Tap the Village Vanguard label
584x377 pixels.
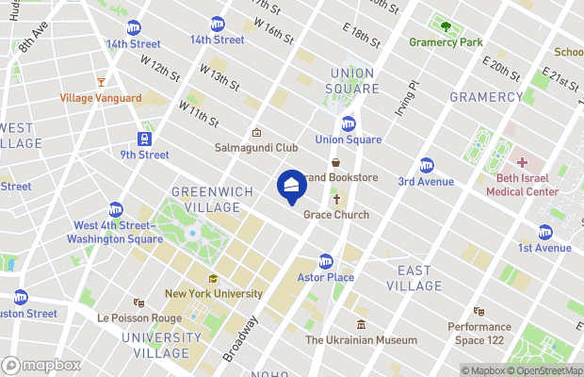pos(101,98)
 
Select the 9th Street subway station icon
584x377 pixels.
pos(144,139)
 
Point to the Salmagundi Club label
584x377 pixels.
pos(256,148)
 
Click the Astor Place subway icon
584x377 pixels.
pos(326,261)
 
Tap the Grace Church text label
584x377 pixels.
pos(336,215)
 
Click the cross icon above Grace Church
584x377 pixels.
pos(336,200)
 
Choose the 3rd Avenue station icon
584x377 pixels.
pos(426,165)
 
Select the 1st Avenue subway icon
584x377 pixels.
pos(544,232)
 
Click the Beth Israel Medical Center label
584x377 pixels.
pos(522,185)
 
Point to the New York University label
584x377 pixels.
pos(214,293)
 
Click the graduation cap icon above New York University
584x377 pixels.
pos(214,279)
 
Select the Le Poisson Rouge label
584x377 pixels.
pos(138,318)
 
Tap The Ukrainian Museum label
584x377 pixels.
pos(361,340)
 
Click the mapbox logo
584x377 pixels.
pos(41,365)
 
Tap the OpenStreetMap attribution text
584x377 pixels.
pos(545,370)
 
